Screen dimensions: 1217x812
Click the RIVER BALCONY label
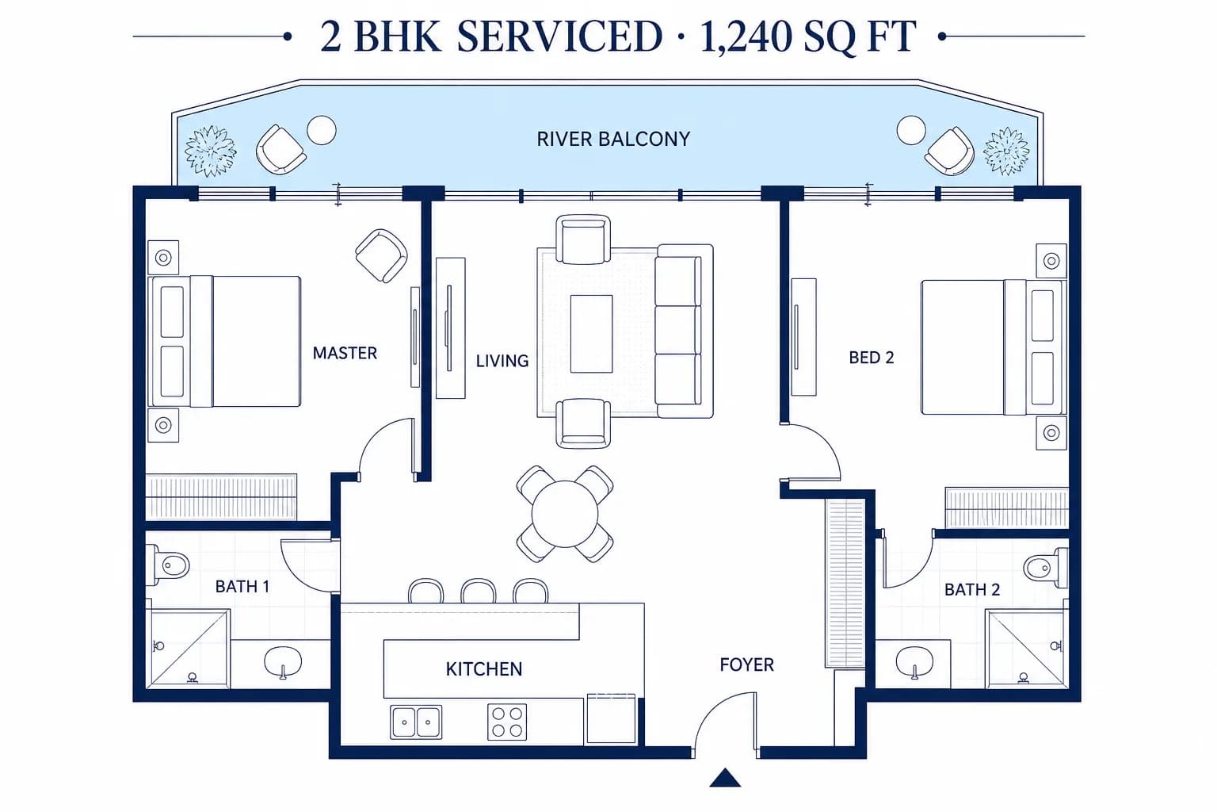pos(613,140)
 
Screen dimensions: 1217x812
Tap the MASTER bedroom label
pos(345,353)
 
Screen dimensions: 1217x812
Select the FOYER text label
pos(746,665)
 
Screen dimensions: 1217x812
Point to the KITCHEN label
pos(483,669)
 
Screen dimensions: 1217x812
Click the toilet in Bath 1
pos(170,565)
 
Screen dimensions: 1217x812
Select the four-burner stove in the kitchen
pos(507,722)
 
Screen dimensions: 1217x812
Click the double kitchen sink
pos(416,722)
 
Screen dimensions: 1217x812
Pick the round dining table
pos(564,514)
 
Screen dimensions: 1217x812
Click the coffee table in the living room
pos(591,334)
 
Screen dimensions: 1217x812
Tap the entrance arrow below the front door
pos(725,778)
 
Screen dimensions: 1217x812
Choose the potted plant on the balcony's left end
pos(210,151)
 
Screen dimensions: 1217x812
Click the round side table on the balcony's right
pos(911,130)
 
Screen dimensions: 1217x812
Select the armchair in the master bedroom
pos(381,255)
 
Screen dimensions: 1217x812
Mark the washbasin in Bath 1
pos(283,661)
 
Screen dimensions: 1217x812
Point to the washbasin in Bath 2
pos(914,661)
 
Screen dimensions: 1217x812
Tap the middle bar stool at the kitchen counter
pos(478,592)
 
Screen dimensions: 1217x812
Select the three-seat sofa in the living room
pos(684,331)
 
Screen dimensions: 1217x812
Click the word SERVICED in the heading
pos(559,36)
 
